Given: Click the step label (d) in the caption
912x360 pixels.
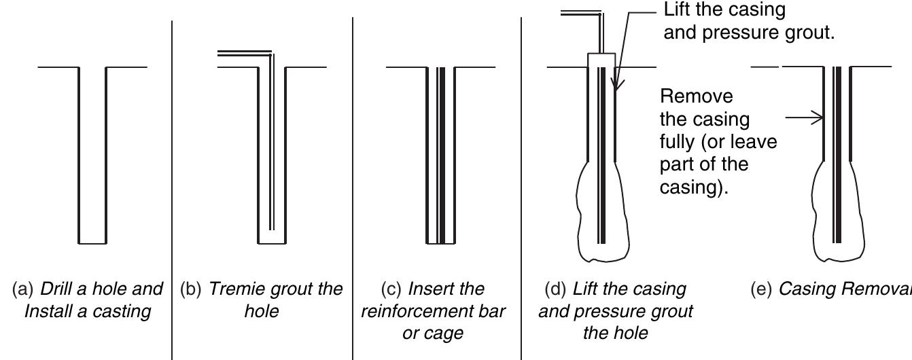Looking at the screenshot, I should (x=557, y=289).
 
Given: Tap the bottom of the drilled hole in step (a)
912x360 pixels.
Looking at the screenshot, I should (x=92, y=242).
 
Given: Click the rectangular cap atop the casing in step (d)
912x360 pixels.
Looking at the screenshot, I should (x=601, y=60).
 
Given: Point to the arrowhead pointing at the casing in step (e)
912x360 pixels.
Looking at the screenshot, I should (x=819, y=118).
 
